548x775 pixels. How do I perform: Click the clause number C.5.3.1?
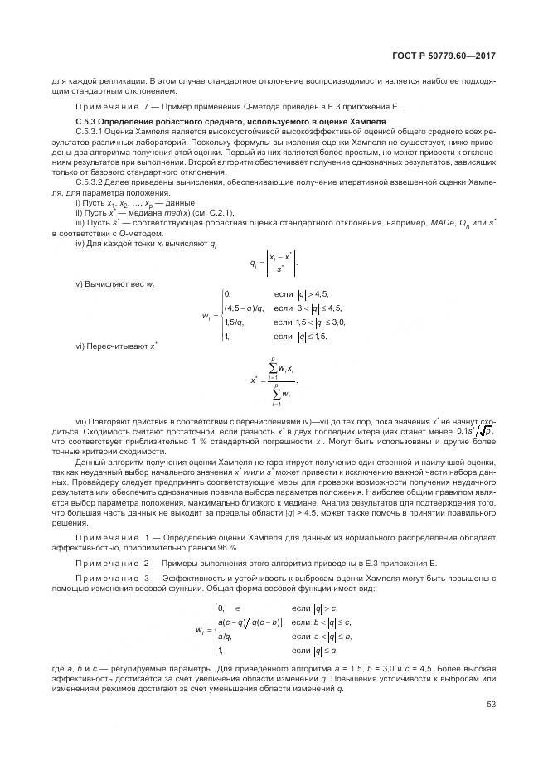(x=90, y=131)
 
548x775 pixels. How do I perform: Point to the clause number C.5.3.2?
(x=90, y=182)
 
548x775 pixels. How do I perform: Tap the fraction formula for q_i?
(x=273, y=264)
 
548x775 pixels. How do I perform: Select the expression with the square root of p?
(x=477, y=432)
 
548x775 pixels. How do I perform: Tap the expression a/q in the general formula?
(x=224, y=637)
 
